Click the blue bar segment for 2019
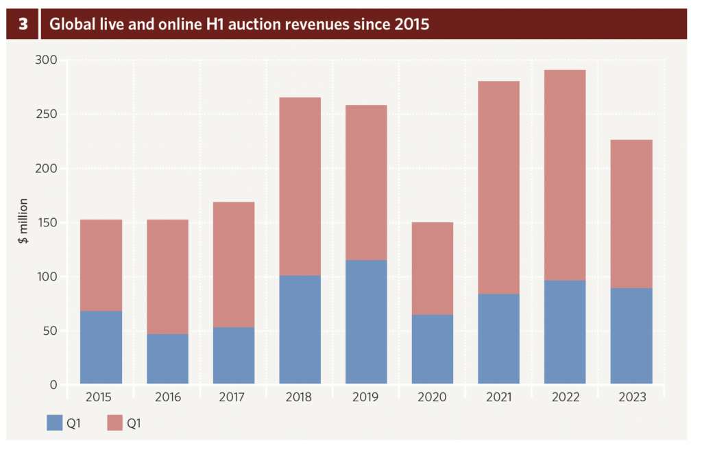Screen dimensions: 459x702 point(366,322)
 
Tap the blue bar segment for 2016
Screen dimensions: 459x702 point(167,359)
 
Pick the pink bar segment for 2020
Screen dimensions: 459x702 point(433,268)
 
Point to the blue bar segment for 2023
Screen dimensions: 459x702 point(631,336)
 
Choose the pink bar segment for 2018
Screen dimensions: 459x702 point(300,186)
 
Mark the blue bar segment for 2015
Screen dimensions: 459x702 point(101,347)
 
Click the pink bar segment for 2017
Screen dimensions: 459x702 point(234,264)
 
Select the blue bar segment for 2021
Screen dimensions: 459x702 point(498,338)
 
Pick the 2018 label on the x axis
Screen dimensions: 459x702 point(300,397)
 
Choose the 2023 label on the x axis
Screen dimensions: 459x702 point(631,397)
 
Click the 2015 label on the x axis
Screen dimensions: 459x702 point(101,397)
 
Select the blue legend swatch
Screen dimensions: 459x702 point(54,423)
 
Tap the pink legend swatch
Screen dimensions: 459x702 point(114,423)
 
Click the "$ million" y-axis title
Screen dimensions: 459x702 point(23,221)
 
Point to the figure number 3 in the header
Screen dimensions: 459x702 point(23,25)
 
